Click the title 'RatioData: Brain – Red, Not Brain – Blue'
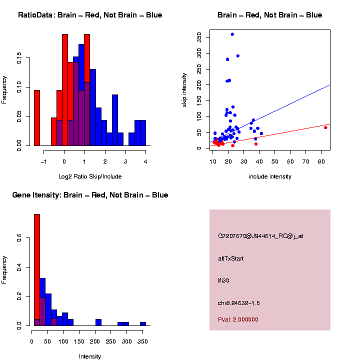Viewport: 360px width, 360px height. tap(90, 15)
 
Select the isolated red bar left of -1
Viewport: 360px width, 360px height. tap(36, 118)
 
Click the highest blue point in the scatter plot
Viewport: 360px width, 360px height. tap(232, 34)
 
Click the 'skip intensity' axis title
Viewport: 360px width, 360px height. tap(184, 89)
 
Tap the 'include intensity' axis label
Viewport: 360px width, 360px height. tap(270, 176)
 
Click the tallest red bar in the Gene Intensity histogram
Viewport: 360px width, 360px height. tap(36, 270)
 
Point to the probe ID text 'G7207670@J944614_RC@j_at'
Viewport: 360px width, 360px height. tap(260, 236)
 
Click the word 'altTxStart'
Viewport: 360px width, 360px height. tap(230, 258)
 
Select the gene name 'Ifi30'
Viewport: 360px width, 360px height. tap(223, 280)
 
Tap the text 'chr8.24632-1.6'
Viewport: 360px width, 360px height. tap(239, 303)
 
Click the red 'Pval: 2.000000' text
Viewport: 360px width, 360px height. tap(238, 319)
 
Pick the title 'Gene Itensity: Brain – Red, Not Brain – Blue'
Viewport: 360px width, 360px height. tap(90, 195)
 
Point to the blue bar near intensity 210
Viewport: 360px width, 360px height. tap(98, 322)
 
